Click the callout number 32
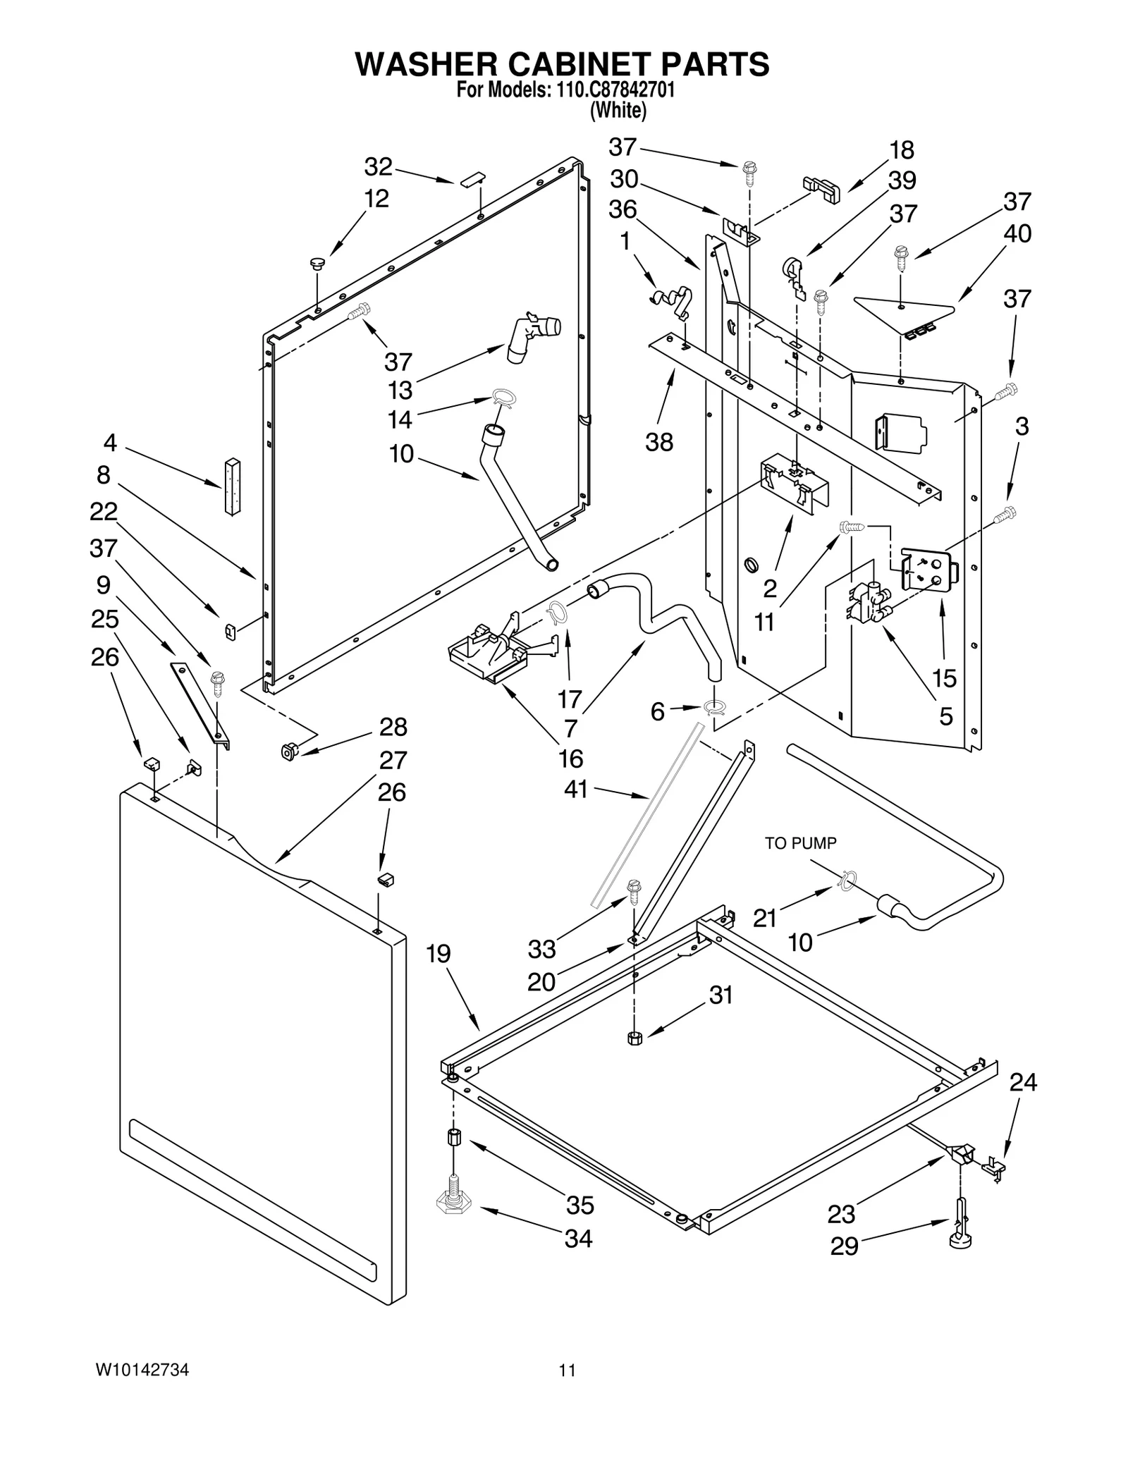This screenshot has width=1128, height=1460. click(378, 167)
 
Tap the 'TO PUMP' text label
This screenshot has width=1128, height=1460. click(800, 843)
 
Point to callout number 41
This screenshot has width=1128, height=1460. click(576, 790)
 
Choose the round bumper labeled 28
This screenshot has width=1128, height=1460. click(288, 752)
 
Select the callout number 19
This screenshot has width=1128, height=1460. click(438, 954)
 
